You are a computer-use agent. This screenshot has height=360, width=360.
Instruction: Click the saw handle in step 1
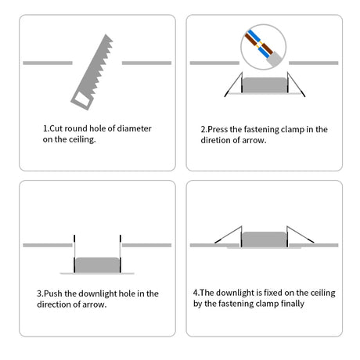pos(81,99)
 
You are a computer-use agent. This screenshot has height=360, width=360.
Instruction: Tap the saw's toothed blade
pos(96,64)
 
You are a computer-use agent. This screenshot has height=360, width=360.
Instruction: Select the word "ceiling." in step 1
pos(82,139)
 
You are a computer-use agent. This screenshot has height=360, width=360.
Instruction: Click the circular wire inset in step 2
pos(264,47)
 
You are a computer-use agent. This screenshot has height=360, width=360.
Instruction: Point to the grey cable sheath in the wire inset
pos(274,59)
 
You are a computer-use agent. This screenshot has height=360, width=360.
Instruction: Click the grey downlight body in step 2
pos(265,85)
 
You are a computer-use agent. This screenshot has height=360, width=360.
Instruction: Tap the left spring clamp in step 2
pos(234,85)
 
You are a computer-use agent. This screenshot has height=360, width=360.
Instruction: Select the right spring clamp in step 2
pos(296,85)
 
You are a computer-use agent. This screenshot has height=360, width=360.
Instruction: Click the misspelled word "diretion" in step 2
pos(215,140)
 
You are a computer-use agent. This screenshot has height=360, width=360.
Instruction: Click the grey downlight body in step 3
pos(98,265)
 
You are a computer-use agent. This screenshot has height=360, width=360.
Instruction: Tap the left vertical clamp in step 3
pos(74,254)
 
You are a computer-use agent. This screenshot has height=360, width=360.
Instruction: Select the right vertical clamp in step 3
pos(121,254)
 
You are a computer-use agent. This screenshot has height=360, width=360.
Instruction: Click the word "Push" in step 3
pos(53,293)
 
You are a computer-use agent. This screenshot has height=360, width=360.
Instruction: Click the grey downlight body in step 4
pos(265,239)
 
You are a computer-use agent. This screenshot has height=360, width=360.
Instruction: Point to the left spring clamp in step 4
pos(229,236)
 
